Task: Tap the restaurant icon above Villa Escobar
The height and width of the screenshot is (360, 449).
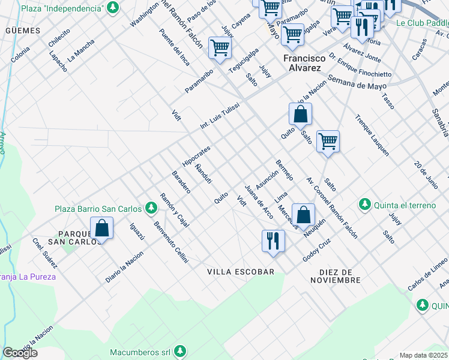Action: click(273, 241)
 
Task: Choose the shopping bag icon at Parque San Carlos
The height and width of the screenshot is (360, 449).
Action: click(101, 228)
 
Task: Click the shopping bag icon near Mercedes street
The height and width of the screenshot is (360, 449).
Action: click(304, 214)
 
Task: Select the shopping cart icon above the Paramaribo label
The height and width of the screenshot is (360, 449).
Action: click(220, 47)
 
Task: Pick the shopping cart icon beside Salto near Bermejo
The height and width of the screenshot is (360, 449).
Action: click(328, 142)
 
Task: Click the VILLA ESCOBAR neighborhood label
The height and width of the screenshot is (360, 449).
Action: click(240, 272)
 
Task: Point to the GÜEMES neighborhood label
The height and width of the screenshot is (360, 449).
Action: click(22, 30)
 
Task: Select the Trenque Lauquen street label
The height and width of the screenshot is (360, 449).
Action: click(372, 135)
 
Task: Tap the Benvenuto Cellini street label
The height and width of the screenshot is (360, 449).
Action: click(171, 242)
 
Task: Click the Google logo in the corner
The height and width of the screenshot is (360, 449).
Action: click(20, 353)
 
